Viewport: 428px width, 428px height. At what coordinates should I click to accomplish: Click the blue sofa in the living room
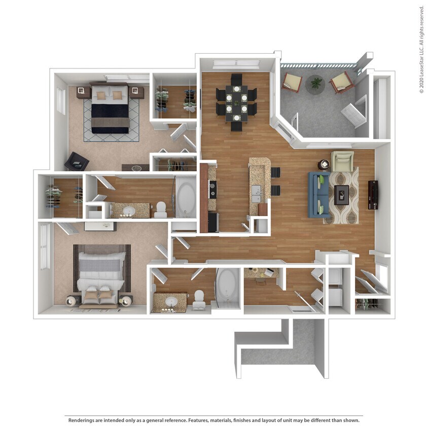[318, 195]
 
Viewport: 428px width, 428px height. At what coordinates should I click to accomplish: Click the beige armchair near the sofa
[342, 161]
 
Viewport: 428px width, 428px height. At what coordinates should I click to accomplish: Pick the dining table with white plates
[236, 101]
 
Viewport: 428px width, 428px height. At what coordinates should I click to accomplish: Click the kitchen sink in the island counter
[257, 192]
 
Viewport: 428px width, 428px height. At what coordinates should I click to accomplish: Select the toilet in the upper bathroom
[161, 209]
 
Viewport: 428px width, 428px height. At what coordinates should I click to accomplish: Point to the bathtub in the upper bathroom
[186, 196]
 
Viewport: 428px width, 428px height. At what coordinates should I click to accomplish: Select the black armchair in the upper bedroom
[77, 162]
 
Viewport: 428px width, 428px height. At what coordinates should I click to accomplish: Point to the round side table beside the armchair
[324, 164]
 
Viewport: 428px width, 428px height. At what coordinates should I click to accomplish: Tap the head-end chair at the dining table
[236, 79]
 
